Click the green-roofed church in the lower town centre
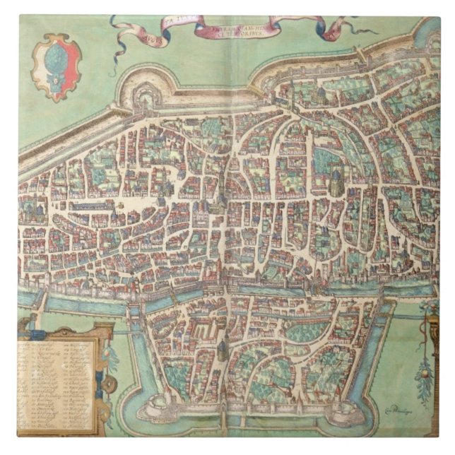coord(223,349)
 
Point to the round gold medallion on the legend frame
coord(109,385)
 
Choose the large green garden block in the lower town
coord(304,332)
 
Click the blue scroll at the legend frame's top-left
coord(24,326)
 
